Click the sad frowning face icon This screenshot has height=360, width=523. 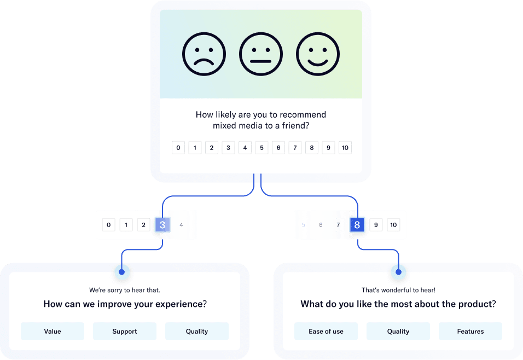point(204,54)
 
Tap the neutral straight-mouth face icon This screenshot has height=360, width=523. point(261,54)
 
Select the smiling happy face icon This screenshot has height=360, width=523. point(318,54)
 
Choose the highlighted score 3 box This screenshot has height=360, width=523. point(162,225)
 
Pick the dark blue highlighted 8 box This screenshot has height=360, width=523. point(357,225)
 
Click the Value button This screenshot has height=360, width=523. point(53,331)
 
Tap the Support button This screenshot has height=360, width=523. point(125,331)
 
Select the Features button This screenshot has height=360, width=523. point(470,331)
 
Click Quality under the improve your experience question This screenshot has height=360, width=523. point(197,331)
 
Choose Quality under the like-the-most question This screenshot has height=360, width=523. point(398,331)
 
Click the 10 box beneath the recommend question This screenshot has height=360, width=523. point(345,148)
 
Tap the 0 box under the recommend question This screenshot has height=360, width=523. point(178,148)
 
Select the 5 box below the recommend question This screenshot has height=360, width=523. point(261,148)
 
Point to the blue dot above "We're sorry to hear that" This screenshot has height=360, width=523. point(122,271)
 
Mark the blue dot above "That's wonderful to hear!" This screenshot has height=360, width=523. point(398,271)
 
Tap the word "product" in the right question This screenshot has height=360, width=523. point(475,304)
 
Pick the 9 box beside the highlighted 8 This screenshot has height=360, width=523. point(375,225)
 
